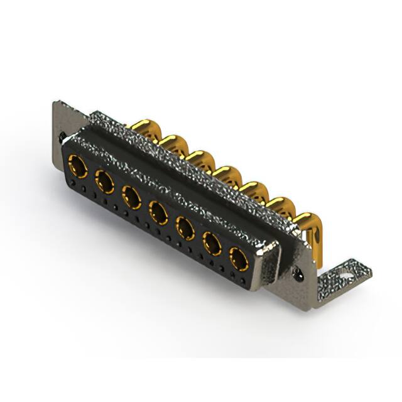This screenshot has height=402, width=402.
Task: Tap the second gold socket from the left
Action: coord(104,182)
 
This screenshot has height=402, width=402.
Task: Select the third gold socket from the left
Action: coord(131,197)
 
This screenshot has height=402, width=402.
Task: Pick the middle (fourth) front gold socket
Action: coord(158,212)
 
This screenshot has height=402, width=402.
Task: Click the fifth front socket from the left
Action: coord(185,227)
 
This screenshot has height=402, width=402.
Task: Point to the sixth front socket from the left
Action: coord(212,242)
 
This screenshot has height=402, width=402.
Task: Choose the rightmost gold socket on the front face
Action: coord(239,258)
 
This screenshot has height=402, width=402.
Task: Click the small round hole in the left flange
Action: coord(61,134)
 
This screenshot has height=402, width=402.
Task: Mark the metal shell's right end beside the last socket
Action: coord(268,264)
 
